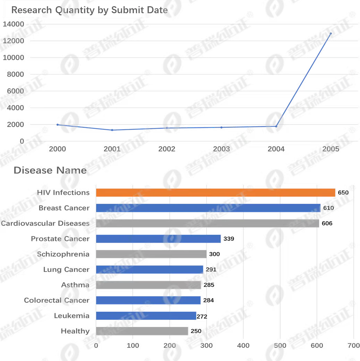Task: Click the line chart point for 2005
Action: click(x=331, y=34)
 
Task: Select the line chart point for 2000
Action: click(x=58, y=125)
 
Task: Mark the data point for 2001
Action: click(x=112, y=130)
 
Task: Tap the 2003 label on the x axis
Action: click(x=221, y=149)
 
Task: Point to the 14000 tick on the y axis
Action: click(x=14, y=24)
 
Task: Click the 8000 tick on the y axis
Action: click(x=15, y=74)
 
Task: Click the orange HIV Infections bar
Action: click(x=216, y=192)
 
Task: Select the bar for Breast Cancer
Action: click(x=208, y=208)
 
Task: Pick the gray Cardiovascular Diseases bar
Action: click(x=207, y=223)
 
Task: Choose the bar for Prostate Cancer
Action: click(x=158, y=239)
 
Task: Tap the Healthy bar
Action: click(x=142, y=331)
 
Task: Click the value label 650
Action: click(x=343, y=192)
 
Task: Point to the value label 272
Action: click(x=202, y=317)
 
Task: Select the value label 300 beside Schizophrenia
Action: click(x=214, y=254)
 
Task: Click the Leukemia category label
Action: click(x=72, y=316)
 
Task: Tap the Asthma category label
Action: click(x=75, y=285)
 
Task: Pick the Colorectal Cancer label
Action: click(x=57, y=300)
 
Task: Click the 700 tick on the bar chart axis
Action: click(x=354, y=345)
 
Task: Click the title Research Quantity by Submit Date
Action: click(x=89, y=10)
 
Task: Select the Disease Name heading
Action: click(x=50, y=170)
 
